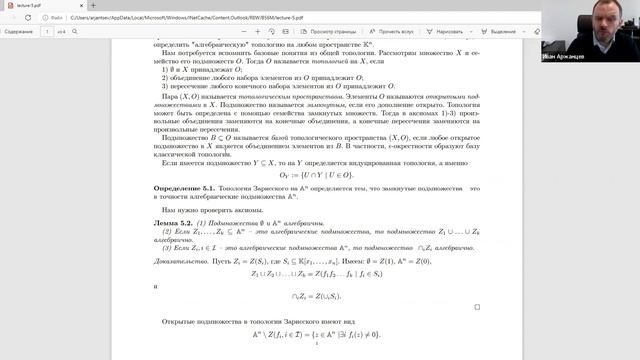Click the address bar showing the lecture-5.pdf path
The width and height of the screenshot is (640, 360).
point(150,17)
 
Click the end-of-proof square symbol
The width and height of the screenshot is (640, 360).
point(477,307)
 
